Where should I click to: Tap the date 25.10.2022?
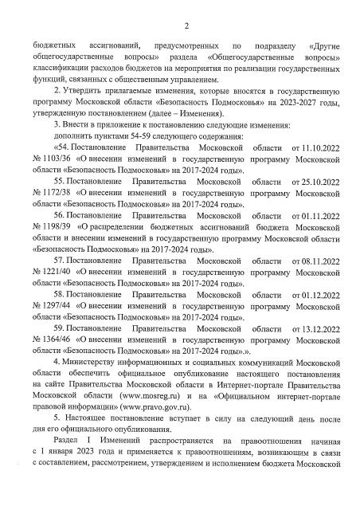[320, 205]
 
